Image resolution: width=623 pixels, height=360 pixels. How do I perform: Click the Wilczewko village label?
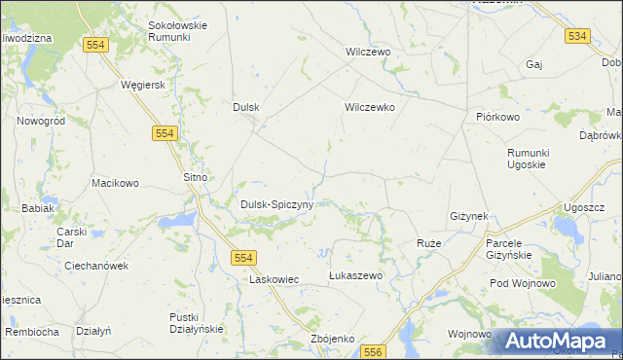coord(369,108)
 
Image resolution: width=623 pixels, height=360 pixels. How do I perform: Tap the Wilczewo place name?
coord(368,52)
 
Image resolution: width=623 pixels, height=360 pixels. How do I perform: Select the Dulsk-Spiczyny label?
coord(276,204)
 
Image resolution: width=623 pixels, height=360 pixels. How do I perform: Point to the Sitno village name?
coord(197,177)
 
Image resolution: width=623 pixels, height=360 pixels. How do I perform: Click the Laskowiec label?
coord(274,279)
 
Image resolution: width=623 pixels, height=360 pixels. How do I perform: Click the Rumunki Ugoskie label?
coord(530,161)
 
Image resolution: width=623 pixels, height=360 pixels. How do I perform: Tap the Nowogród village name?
coord(41,121)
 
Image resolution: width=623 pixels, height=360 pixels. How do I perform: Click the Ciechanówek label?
coord(96,265)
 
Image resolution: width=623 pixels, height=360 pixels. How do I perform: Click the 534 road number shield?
coord(577,36)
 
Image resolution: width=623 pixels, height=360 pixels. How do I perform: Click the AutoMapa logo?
coord(558,342)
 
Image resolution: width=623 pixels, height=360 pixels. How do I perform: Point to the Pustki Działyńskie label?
coord(197,323)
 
